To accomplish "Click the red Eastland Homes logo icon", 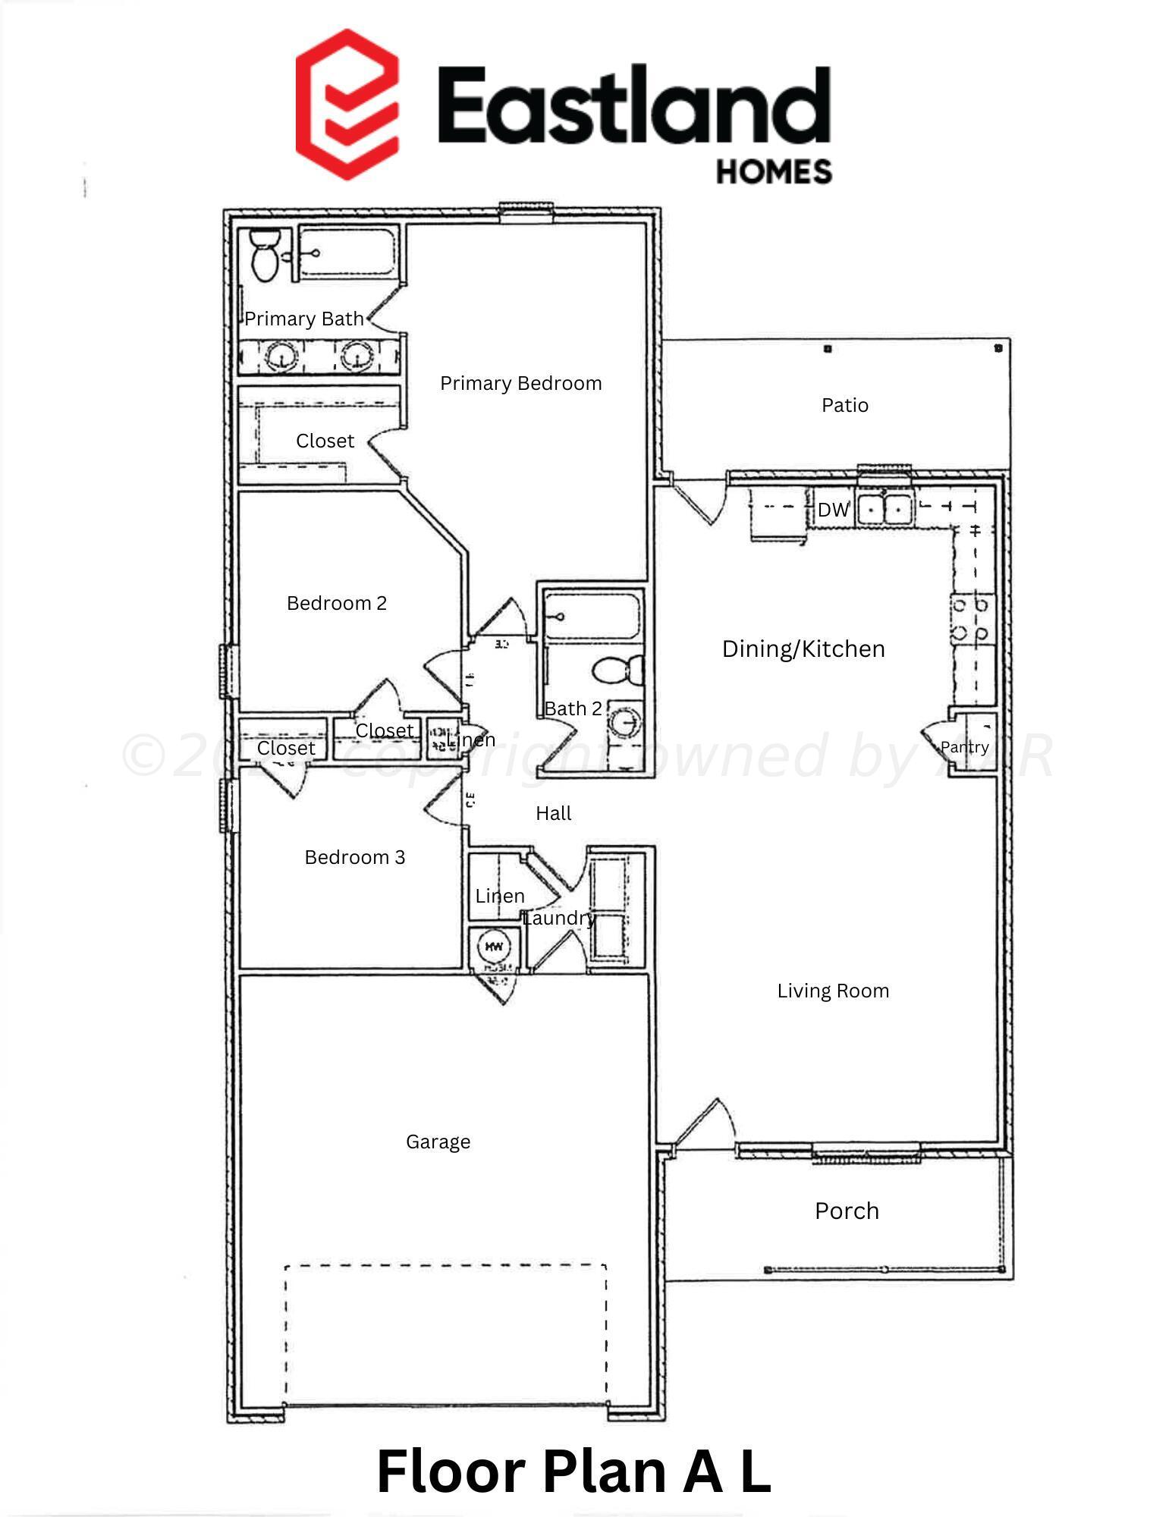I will tap(347, 105).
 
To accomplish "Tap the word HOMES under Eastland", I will tap(774, 171).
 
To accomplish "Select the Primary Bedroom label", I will tap(520, 384).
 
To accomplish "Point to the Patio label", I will tap(844, 406).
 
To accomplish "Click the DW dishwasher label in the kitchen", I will tap(833, 510).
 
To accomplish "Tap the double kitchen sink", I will tap(884, 507).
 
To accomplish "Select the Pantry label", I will tap(964, 747).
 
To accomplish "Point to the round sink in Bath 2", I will tap(625, 724).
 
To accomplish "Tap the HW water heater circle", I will tap(494, 947).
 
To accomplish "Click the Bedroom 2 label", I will tap(337, 604).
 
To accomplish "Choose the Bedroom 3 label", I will tap(355, 858).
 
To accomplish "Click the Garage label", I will tap(438, 1142).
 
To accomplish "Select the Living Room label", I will tap(833, 991).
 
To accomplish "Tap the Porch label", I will tap(847, 1211).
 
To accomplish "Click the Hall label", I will tap(553, 814).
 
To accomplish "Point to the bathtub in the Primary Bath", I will tap(347, 250).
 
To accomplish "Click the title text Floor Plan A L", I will tap(573, 1471).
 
